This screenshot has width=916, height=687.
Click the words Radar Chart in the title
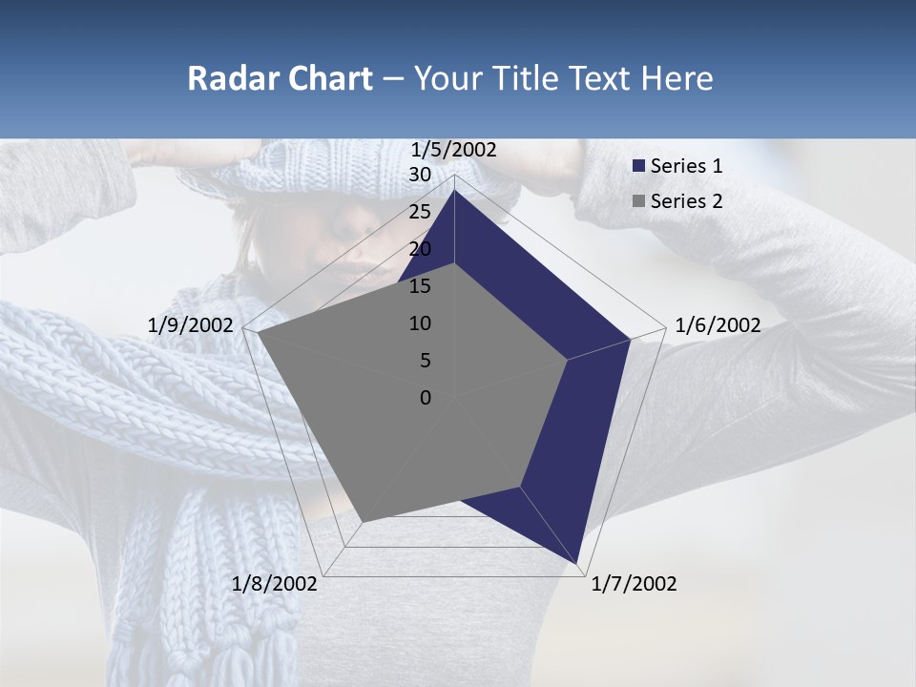(280, 78)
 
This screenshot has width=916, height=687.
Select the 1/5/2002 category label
(454, 150)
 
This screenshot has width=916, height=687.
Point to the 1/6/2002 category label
(718, 325)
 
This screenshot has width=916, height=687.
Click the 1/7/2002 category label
(634, 584)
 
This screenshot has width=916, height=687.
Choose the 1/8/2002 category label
(275, 584)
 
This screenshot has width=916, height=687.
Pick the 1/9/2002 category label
(191, 325)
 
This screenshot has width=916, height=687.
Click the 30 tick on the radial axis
(420, 175)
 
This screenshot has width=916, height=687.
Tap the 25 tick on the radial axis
(420, 212)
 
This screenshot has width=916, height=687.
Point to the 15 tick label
(420, 286)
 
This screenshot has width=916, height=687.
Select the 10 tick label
(420, 323)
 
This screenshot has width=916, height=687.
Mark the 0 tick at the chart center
(426, 398)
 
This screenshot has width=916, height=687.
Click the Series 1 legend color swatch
(639, 166)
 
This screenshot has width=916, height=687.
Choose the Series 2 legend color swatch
(639, 201)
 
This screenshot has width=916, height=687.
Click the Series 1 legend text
(686, 166)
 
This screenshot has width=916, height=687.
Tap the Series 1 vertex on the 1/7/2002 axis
(576, 563)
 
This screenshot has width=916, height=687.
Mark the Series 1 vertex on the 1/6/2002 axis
(630, 339)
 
